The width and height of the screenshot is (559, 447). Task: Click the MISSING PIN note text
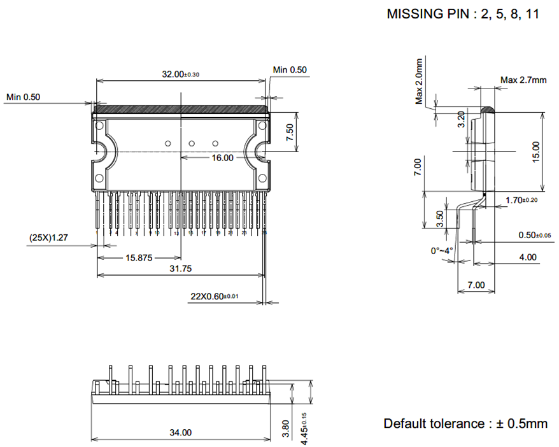click(x=463, y=14)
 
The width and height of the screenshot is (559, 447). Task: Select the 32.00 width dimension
click(x=180, y=74)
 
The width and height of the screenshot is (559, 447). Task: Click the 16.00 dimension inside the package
click(x=223, y=157)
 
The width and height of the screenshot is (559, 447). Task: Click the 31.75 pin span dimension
click(x=180, y=269)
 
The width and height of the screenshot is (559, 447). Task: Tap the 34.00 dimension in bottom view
click(x=180, y=433)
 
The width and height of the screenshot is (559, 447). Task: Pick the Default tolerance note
click(x=465, y=423)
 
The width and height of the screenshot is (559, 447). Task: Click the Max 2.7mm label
click(x=523, y=80)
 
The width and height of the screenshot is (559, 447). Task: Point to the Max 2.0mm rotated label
click(x=419, y=81)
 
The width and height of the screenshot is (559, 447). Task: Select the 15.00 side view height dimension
click(x=535, y=152)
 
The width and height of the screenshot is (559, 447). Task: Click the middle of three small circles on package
click(x=192, y=143)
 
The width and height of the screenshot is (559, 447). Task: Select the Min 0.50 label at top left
click(x=24, y=97)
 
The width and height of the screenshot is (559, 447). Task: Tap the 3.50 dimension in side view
click(x=440, y=216)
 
